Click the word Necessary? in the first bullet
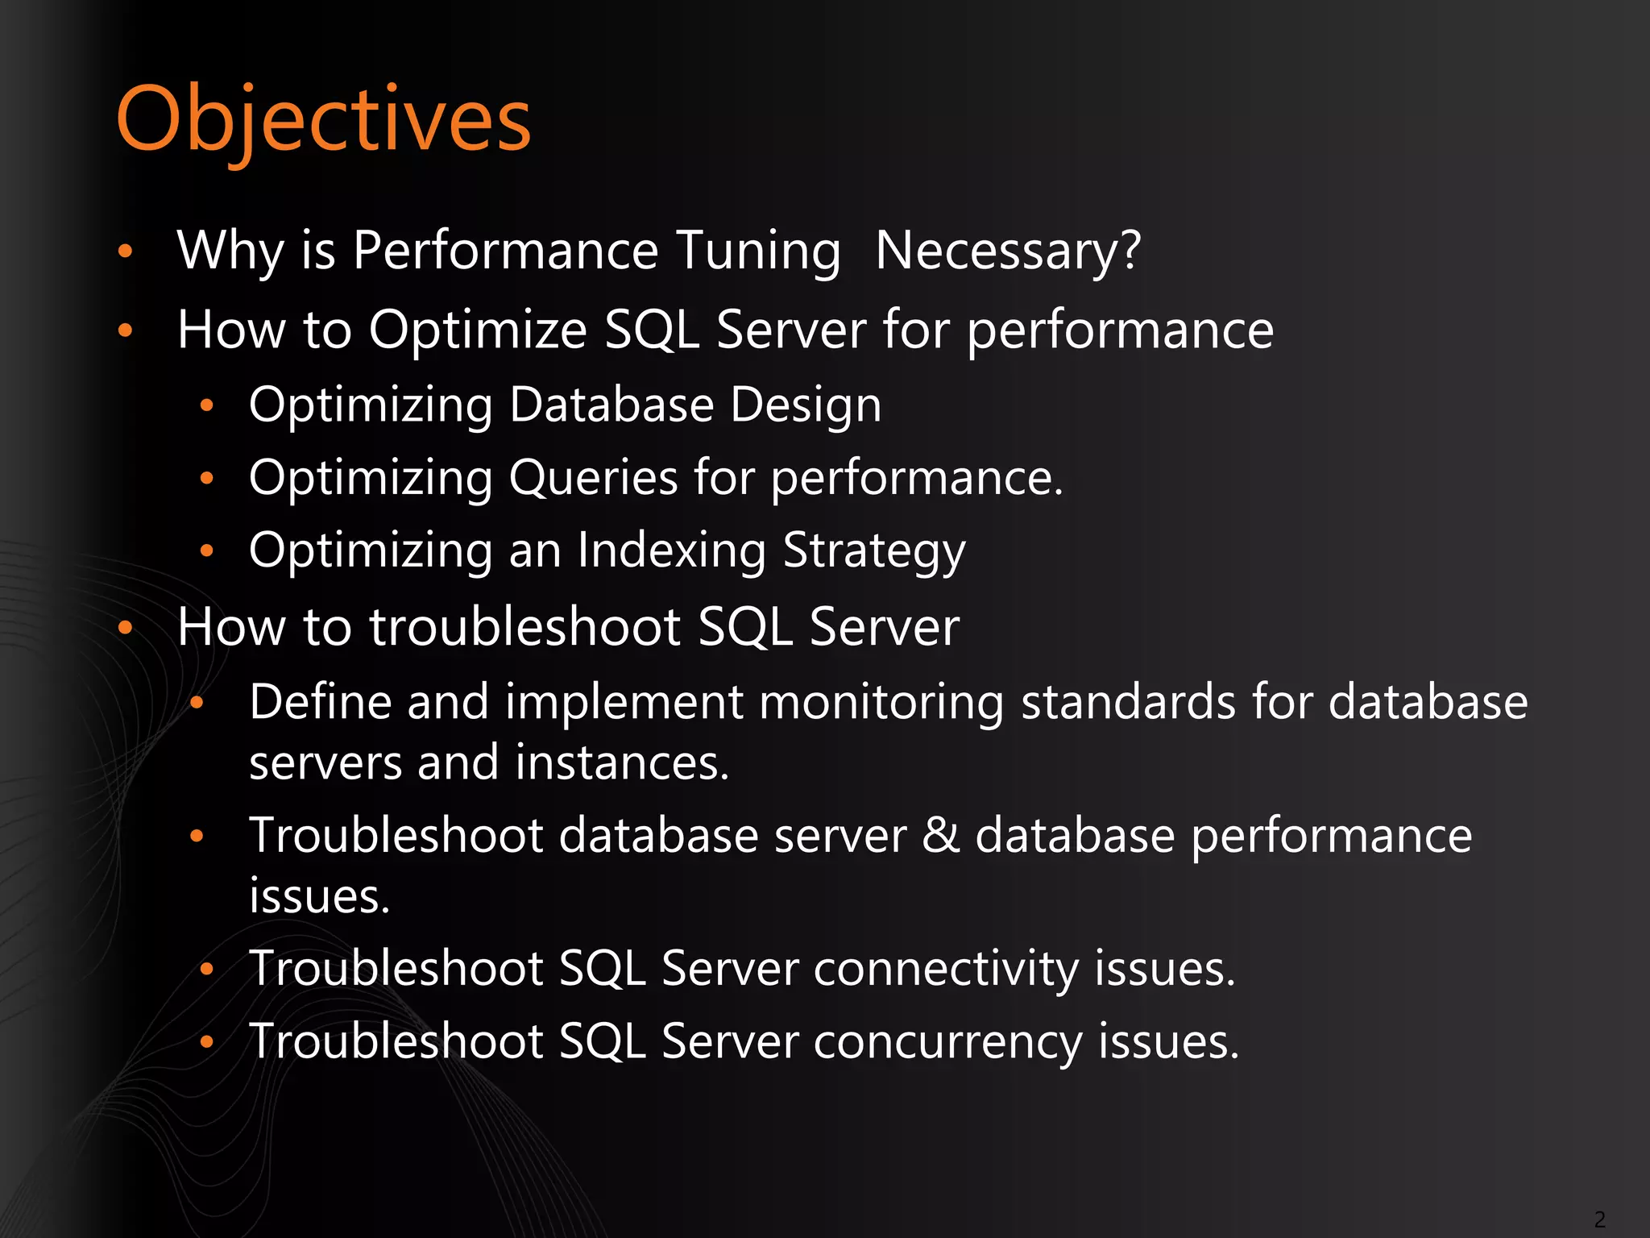(x=1008, y=251)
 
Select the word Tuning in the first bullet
(x=758, y=251)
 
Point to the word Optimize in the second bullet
(x=478, y=330)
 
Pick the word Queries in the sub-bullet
(x=594, y=478)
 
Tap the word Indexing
(x=671, y=551)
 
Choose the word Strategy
(x=874, y=551)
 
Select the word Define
(x=321, y=701)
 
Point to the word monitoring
(x=881, y=701)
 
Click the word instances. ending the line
(x=622, y=762)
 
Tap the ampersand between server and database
(x=940, y=834)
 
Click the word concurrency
(x=947, y=1041)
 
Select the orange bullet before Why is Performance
(x=125, y=251)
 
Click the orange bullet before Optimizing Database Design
(x=207, y=405)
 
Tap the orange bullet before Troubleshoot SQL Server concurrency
(x=207, y=1042)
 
